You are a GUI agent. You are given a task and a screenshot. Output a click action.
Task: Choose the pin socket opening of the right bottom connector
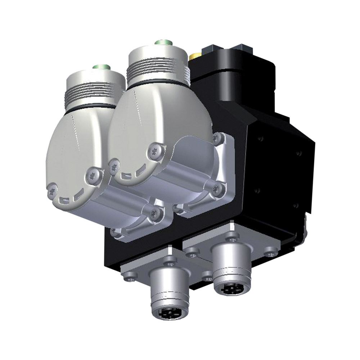tap(229, 288)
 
